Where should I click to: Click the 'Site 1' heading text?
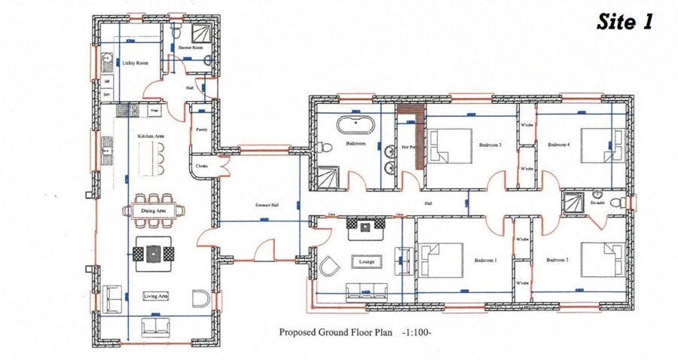625,22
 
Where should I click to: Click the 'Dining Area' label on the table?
154,211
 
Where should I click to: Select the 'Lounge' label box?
367,261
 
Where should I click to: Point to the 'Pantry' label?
201,130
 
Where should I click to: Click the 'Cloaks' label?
201,166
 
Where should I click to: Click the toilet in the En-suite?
618,203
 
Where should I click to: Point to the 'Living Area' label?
155,296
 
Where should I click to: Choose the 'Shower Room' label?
192,47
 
